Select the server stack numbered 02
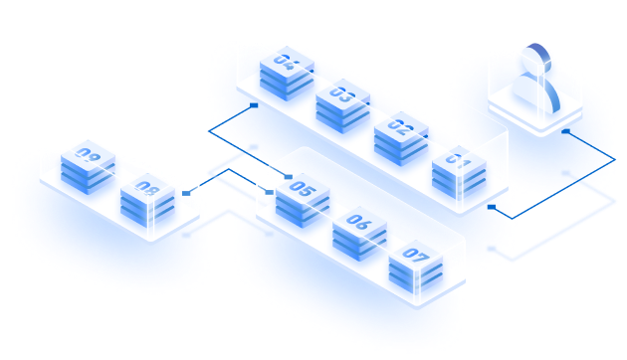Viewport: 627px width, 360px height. pos(401,139)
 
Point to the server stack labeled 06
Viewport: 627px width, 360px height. pos(359,234)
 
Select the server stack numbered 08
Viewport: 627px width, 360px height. pos(147,198)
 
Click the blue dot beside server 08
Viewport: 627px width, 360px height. pos(187,193)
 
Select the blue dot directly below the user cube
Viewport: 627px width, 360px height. pos(565,130)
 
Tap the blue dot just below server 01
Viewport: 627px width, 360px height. pos(499,207)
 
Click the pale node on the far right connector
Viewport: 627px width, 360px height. pos(568,173)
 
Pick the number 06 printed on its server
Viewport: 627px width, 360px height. pos(359,225)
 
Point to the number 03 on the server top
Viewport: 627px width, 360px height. pos(342,96)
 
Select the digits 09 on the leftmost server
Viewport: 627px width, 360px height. pos(89,156)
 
